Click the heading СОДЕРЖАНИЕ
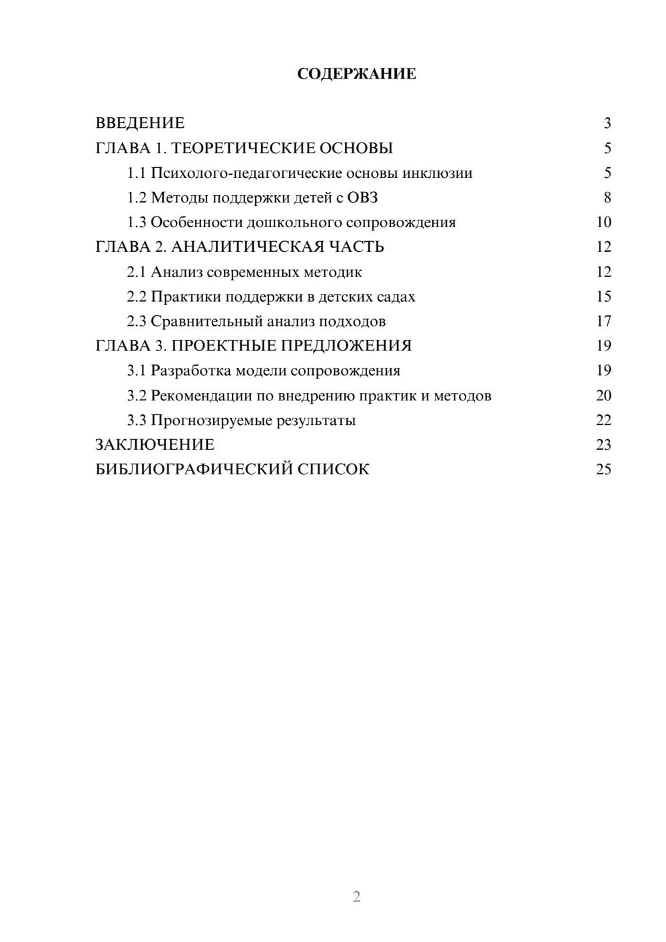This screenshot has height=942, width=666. (x=356, y=74)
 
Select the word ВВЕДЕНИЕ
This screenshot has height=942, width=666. (x=140, y=123)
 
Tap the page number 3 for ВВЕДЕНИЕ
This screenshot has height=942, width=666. (x=607, y=123)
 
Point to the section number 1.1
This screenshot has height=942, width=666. (x=136, y=173)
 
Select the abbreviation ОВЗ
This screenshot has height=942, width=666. (x=362, y=198)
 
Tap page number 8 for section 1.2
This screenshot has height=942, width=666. (x=607, y=198)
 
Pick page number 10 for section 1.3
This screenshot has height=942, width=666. (x=603, y=223)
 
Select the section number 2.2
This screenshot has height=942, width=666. (x=136, y=296)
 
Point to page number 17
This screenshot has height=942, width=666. (x=603, y=321)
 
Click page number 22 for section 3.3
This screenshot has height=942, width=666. (x=603, y=420)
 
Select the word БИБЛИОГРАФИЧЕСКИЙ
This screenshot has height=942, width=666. (x=193, y=470)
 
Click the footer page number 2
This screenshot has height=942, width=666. (x=356, y=897)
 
